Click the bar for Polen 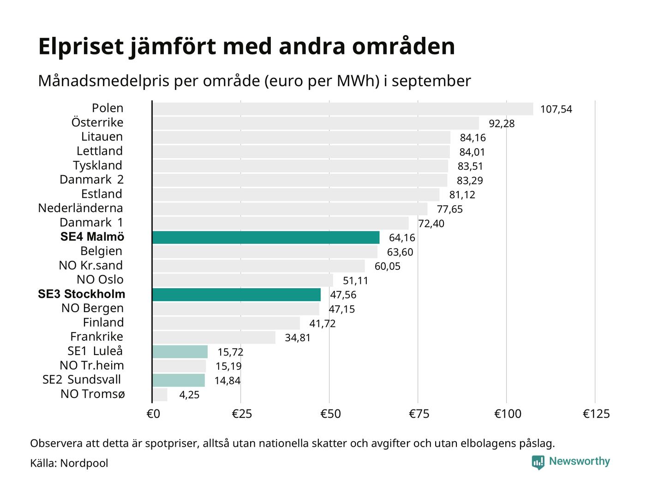(x=342, y=109)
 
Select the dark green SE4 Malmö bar (x=266, y=237)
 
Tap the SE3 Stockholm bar (x=236, y=295)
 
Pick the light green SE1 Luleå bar (x=180, y=352)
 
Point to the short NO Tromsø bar (x=160, y=395)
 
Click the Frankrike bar (x=214, y=338)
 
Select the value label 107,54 (x=556, y=109)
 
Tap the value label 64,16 (x=402, y=238)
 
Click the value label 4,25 (x=189, y=395)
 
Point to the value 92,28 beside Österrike (x=502, y=124)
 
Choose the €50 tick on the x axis (x=330, y=414)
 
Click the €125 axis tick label (x=596, y=414)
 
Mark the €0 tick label (x=153, y=414)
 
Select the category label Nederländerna (x=80, y=208)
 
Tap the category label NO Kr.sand (x=90, y=266)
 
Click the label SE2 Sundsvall (x=82, y=380)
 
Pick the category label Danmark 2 (x=91, y=180)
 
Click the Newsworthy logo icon (x=538, y=462)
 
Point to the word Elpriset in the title (x=81, y=47)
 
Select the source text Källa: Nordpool (x=69, y=463)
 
